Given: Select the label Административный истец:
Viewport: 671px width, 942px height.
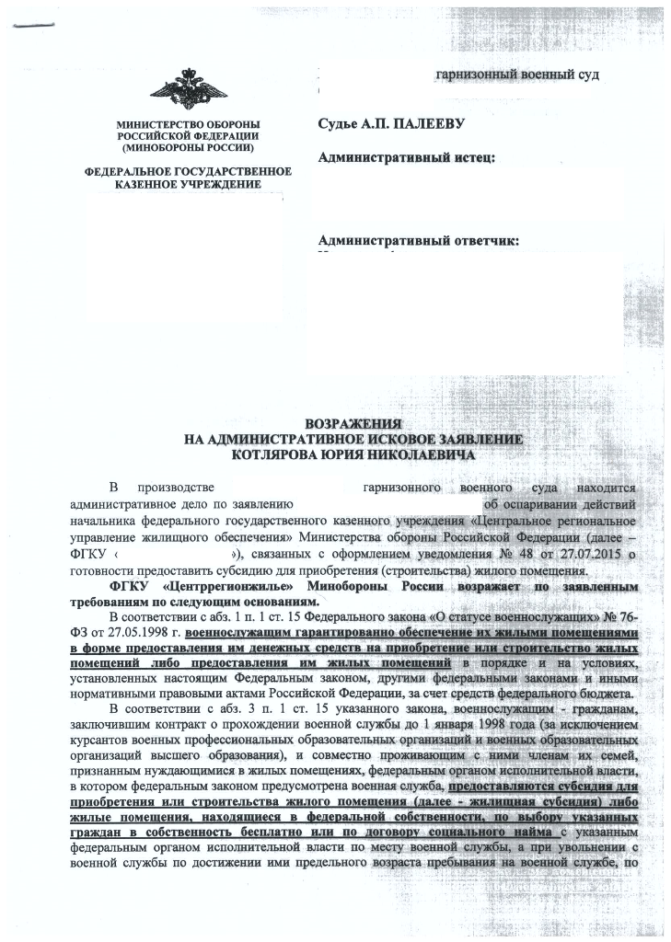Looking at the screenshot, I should click(x=407, y=158).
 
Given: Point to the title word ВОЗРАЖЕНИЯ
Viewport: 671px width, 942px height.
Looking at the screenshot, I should click(x=354, y=425).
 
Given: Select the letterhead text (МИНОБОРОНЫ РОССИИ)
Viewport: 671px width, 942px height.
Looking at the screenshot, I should click(x=188, y=147).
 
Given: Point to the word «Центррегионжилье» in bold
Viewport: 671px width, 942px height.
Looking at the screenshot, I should click(x=214, y=585).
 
